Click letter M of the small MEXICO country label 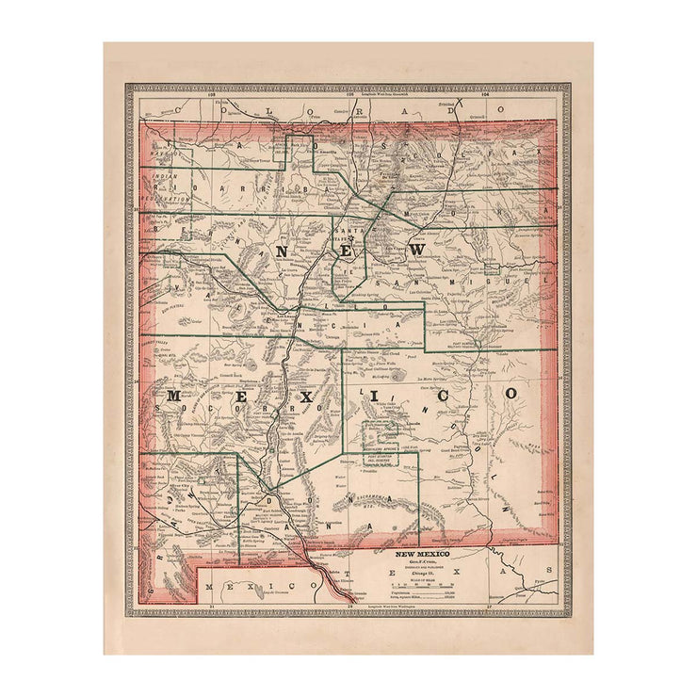pos(208,586)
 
